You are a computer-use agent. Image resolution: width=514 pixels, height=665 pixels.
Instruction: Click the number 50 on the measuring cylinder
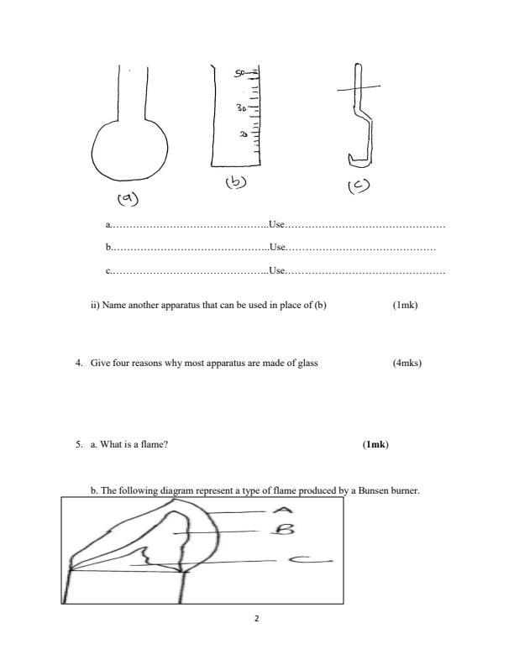241,74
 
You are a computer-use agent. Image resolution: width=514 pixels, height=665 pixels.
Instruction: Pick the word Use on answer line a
277,225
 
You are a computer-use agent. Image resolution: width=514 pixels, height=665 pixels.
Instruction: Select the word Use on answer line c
277,270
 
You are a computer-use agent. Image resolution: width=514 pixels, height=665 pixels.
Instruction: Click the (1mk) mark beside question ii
405,305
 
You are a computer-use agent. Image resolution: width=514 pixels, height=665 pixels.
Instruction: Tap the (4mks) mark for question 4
406,364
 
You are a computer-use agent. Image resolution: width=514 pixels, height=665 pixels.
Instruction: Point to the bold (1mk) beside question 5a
375,443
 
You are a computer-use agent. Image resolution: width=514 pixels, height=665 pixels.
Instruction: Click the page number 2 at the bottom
257,620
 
